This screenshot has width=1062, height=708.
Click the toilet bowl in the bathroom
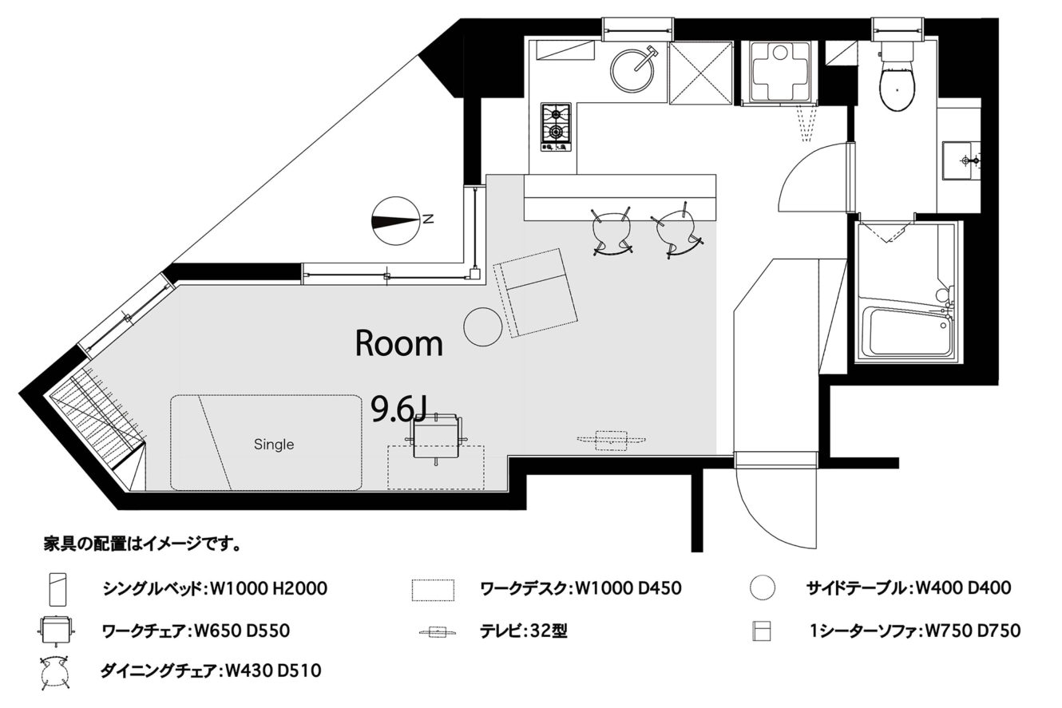click(x=896, y=87)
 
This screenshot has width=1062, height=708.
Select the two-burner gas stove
click(x=556, y=127)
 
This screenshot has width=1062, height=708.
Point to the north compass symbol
click(x=396, y=220)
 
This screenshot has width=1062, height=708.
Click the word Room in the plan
click(x=398, y=343)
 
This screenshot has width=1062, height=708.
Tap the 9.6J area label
click(x=398, y=409)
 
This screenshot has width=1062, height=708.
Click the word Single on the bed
click(x=274, y=444)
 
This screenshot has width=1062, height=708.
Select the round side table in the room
click(x=482, y=327)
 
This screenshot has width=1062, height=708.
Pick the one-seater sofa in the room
click(x=536, y=292)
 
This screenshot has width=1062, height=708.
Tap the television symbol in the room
click(x=611, y=441)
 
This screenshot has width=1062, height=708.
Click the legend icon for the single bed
click(x=57, y=590)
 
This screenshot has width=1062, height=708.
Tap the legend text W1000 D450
click(x=628, y=588)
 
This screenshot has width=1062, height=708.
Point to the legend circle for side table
click(x=763, y=587)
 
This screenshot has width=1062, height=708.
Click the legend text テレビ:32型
click(x=523, y=631)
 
